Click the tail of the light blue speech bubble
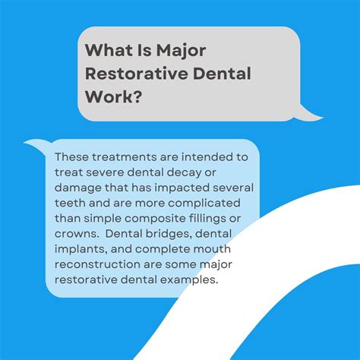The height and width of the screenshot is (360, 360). pos(36,144)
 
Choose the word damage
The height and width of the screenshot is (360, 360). pos(77,187)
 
